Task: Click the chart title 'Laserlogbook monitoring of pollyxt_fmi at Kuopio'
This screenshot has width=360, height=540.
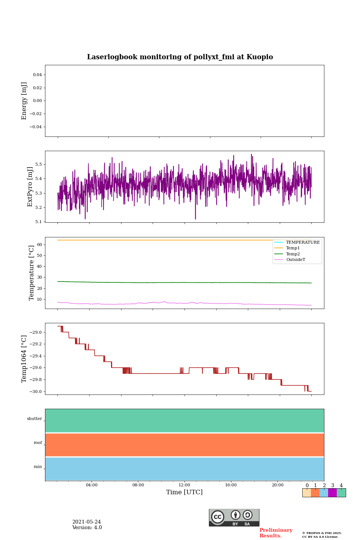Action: click(180, 57)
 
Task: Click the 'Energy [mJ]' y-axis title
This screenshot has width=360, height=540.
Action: click(24, 101)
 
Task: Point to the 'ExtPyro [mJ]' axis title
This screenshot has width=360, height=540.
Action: click(30, 187)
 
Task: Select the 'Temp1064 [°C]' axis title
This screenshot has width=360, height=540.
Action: click(24, 359)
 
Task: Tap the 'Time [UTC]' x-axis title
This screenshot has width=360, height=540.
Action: click(184, 492)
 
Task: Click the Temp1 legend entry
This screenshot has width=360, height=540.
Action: click(293, 248)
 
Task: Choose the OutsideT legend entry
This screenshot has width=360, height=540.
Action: click(295, 259)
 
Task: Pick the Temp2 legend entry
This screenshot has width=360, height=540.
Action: click(293, 254)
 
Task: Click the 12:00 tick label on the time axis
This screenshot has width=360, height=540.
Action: click(184, 485)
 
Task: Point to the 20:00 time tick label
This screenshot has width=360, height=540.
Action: click(277, 485)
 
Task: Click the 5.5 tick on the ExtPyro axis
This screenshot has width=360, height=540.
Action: click(39, 164)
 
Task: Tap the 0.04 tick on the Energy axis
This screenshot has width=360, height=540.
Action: click(37, 75)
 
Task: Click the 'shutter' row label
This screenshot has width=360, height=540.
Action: click(34, 419)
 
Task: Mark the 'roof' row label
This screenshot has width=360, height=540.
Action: click(38, 443)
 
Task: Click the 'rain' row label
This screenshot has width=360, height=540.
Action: click(38, 467)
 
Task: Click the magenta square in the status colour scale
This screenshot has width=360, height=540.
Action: click(332, 493)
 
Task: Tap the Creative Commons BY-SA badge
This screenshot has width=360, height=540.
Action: click(234, 517)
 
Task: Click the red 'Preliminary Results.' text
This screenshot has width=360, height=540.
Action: click(276, 533)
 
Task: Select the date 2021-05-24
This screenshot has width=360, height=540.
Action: click(86, 522)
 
